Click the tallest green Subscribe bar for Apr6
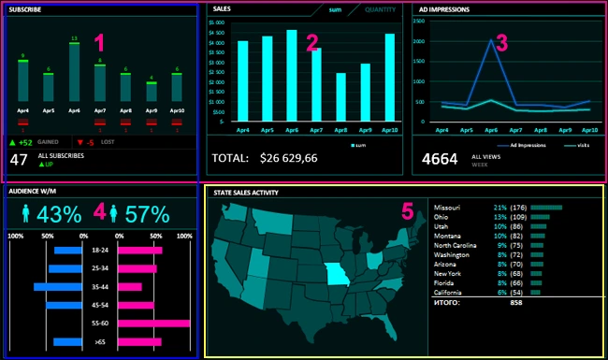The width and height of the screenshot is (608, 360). tap(74, 73)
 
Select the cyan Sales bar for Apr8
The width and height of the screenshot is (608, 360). tap(341, 97)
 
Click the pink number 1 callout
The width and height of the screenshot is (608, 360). tap(101, 42)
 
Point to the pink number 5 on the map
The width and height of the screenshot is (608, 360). tap(407, 210)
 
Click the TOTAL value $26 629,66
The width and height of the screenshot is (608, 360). tap(288, 158)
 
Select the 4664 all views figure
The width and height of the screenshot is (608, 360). tap(440, 159)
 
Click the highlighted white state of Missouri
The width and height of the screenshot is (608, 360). tap(334, 275)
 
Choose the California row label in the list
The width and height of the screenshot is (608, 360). tap(453, 293)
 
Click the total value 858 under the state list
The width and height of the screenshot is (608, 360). tap(516, 304)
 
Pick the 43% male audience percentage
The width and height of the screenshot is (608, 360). tap(59, 214)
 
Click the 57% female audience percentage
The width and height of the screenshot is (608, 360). tap(146, 214)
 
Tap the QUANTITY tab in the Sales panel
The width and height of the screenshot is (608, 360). tap(380, 9)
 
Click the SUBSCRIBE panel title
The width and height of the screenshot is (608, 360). tap(27, 9)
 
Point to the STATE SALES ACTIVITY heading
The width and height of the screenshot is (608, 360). tap(246, 192)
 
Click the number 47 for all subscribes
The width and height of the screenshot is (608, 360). tap(19, 160)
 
